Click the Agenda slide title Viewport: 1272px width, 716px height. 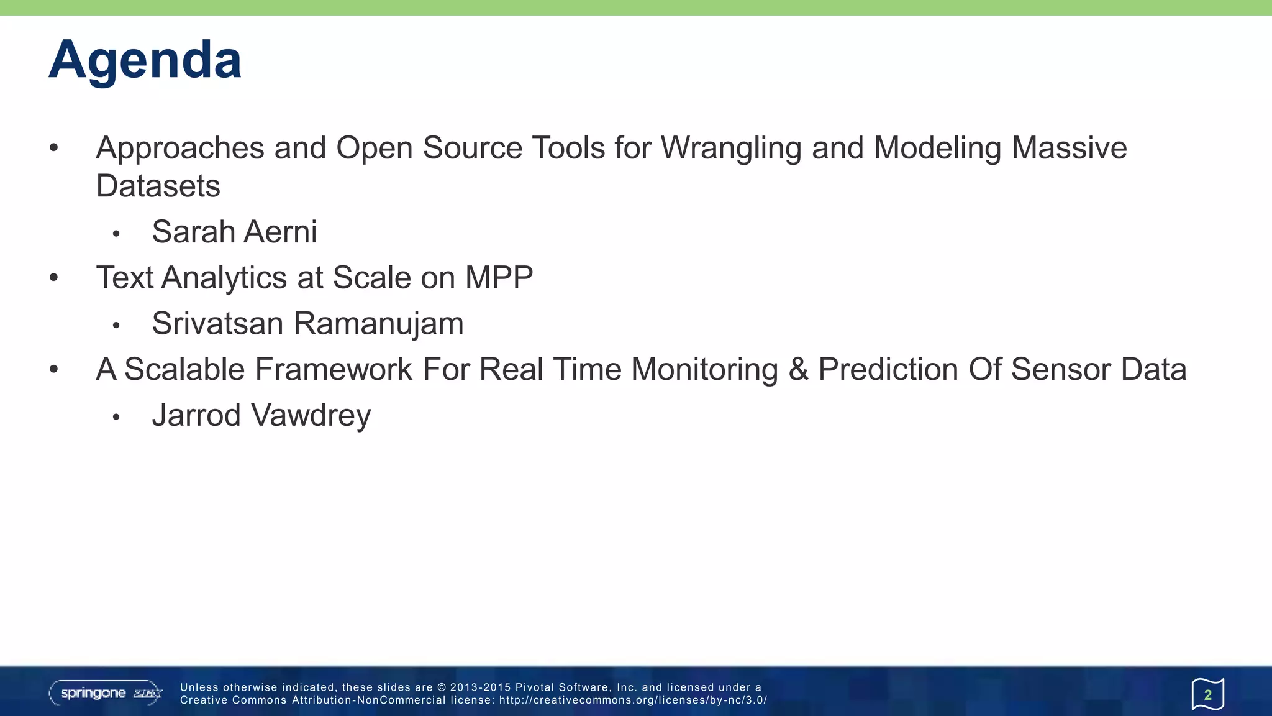pos(145,60)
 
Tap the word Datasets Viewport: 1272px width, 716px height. pos(158,186)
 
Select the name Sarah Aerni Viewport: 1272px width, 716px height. pos(234,232)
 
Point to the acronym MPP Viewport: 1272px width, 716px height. pos(499,278)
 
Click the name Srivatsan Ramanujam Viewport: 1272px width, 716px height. pos(307,324)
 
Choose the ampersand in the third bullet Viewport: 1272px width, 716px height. pos(798,370)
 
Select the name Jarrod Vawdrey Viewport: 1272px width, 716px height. pos(261,415)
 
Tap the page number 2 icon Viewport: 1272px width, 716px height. pos(1207,694)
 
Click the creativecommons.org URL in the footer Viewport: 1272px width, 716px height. pos(633,700)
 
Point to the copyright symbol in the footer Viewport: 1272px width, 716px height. pos(442,687)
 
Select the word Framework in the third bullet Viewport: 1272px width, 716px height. pos(334,370)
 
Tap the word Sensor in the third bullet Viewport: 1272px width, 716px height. pos(1060,370)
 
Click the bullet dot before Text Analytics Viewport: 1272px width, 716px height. pos(54,278)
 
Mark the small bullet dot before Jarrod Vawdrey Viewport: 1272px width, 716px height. pos(116,417)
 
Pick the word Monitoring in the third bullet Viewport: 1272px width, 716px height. pos(704,370)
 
